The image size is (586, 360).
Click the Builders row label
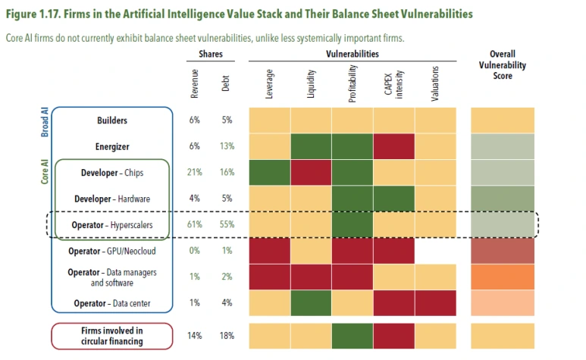tap(111, 121)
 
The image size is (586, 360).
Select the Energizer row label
tap(111, 147)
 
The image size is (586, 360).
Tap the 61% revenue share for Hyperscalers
tap(196, 225)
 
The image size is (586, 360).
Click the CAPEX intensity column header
tap(394, 80)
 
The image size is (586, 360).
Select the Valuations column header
tap(435, 85)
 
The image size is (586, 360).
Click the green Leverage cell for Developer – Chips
tap(270, 173)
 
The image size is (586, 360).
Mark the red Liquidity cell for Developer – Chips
tap(312, 173)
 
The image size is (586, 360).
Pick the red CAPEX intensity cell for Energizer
tap(394, 146)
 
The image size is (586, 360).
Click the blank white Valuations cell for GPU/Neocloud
tap(436, 251)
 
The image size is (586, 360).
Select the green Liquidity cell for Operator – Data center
tap(312, 304)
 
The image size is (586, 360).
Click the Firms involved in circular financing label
tap(111, 336)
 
